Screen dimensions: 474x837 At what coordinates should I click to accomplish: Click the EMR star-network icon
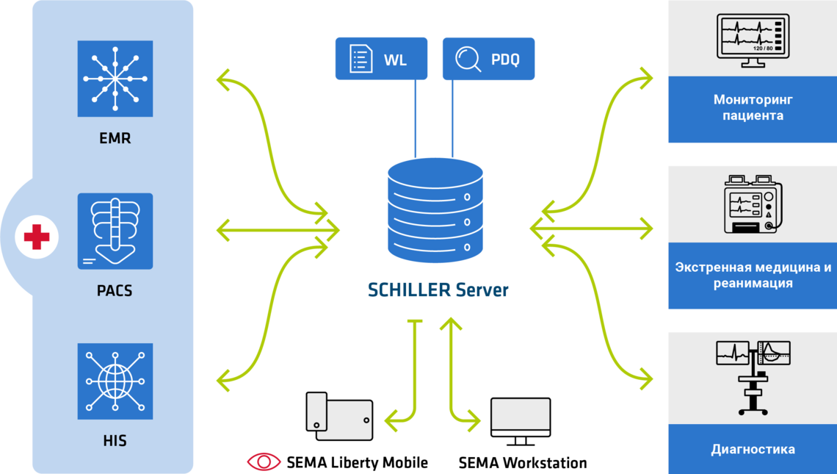pos(115,79)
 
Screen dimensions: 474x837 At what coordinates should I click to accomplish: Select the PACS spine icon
pos(115,231)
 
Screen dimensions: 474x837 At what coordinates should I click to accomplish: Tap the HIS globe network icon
pos(115,381)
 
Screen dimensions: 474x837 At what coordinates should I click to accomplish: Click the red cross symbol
pos(37,237)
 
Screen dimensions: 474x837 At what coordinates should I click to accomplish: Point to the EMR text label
pos(115,137)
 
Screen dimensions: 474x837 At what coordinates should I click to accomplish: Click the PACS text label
pos(115,290)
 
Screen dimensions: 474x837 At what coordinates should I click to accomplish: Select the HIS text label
pos(115,441)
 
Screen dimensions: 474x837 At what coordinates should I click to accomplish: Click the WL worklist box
pos(381,59)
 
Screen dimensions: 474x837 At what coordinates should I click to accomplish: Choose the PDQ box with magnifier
pos(488,59)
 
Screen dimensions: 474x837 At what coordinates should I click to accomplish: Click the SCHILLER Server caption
pos(438,290)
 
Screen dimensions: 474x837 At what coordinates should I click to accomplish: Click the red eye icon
pos(264,461)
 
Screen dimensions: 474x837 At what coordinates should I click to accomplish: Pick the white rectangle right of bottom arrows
pos(521,412)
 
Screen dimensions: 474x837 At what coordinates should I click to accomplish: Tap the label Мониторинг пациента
pos(753,107)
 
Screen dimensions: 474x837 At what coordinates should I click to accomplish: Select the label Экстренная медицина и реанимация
pos(753,275)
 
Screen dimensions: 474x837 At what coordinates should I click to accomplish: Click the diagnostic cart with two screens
pos(753,376)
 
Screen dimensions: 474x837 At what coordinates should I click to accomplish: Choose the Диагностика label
pos(753,449)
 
